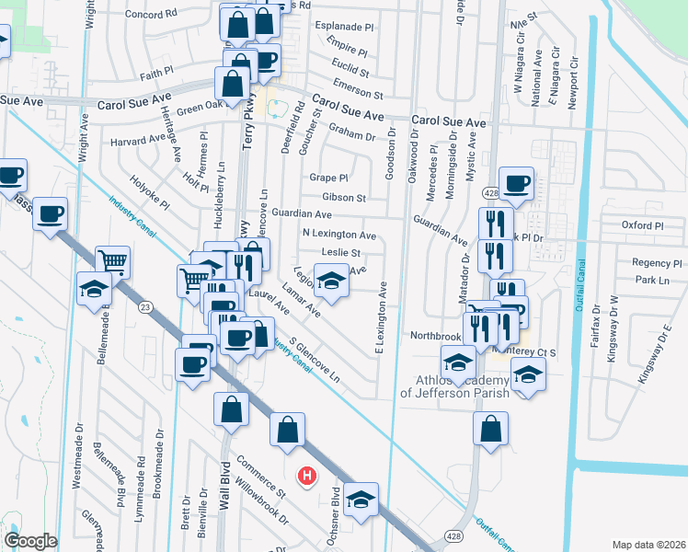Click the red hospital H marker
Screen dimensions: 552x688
point(308,476)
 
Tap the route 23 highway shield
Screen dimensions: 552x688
point(144,306)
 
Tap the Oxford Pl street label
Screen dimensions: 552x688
point(642,224)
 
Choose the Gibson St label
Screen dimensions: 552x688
point(344,197)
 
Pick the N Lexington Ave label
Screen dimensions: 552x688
point(339,235)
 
